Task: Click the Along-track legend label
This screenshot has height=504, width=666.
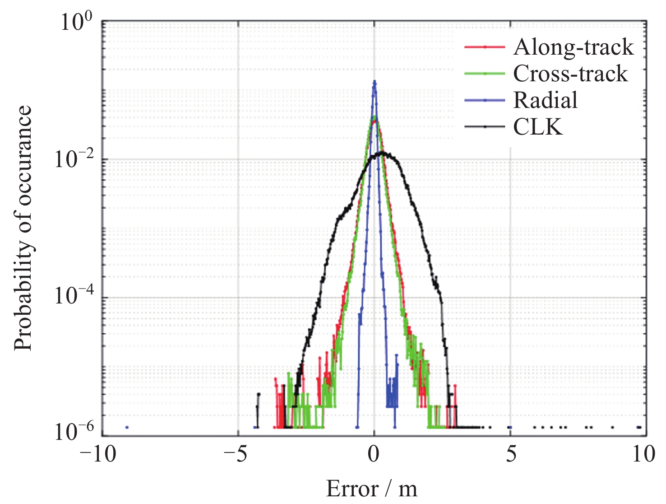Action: [x=573, y=47]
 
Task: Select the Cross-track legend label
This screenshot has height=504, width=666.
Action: [x=570, y=74]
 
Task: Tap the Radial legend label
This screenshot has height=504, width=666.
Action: [x=545, y=100]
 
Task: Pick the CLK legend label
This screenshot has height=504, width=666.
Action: [x=538, y=127]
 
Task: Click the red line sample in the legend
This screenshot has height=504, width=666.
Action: [x=485, y=47]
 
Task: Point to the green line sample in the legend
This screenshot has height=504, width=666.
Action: [x=485, y=73]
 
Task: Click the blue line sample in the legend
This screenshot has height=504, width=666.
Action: [x=485, y=100]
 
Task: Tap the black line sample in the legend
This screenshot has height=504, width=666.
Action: [x=485, y=126]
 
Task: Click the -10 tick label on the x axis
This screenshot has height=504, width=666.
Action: [x=98, y=453]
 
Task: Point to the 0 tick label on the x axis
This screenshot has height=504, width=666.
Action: [x=374, y=453]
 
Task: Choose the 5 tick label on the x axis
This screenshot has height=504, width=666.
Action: [x=511, y=453]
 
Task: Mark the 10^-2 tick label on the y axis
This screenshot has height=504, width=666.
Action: [x=74, y=159]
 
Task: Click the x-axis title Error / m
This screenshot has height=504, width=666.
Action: [x=372, y=489]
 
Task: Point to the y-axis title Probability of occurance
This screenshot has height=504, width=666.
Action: [x=23, y=228]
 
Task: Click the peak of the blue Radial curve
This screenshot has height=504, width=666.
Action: [x=374, y=82]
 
